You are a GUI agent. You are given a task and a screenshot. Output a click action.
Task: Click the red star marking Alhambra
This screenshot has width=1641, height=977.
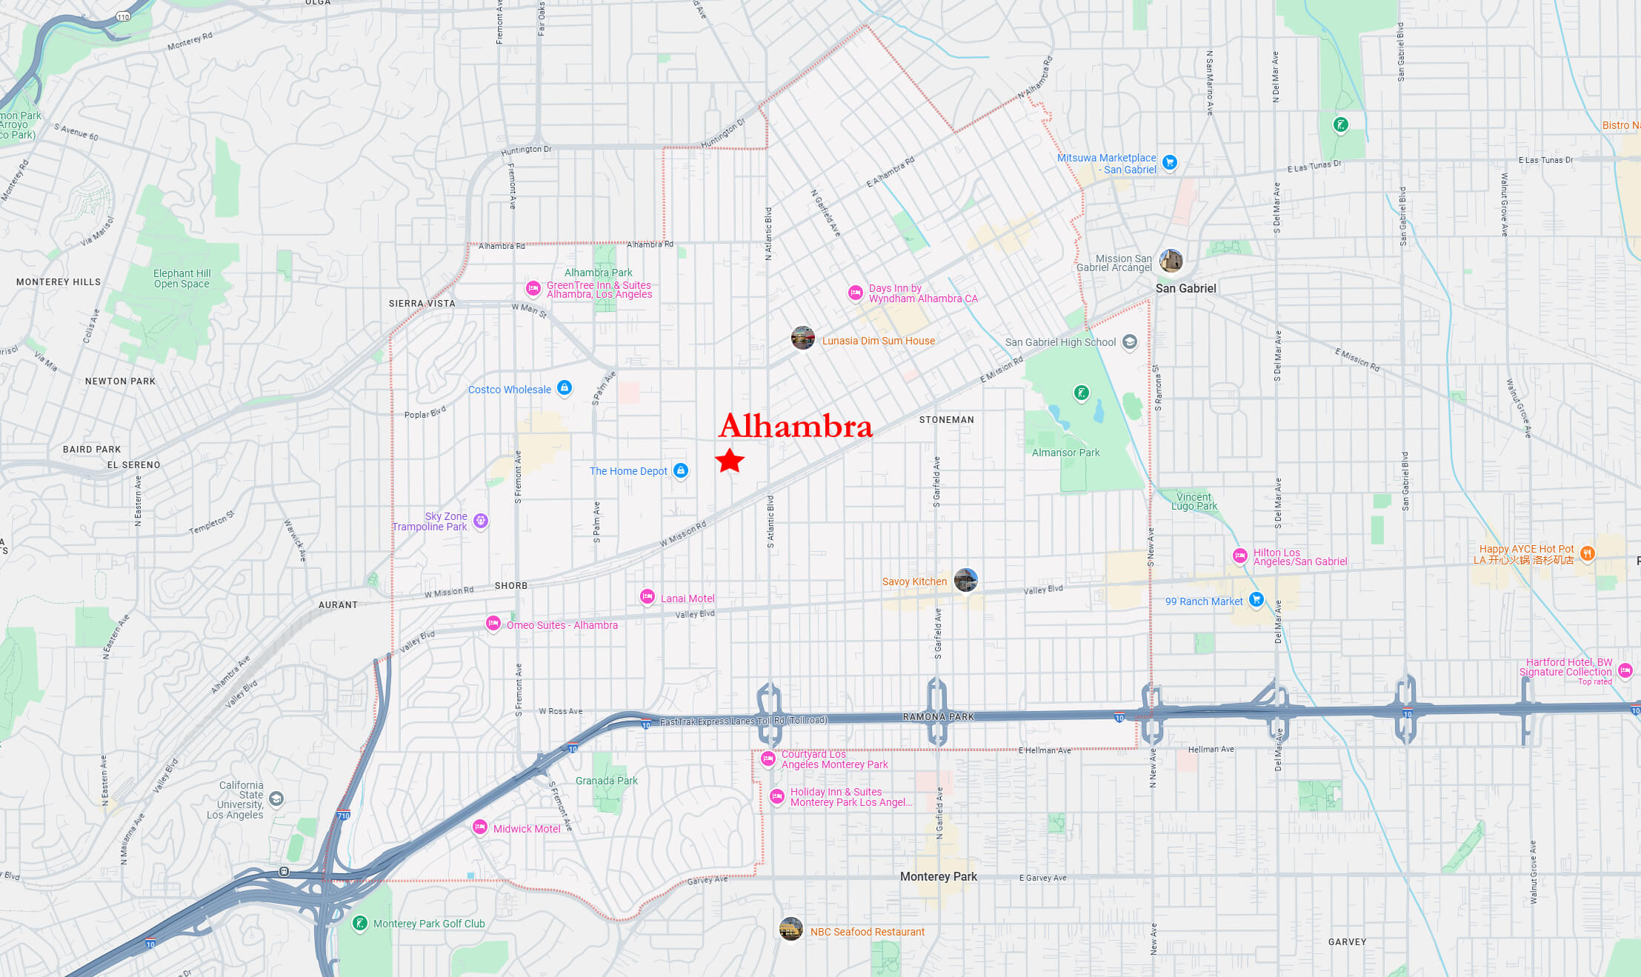730,461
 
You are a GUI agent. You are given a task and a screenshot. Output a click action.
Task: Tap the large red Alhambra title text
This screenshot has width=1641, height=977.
796,426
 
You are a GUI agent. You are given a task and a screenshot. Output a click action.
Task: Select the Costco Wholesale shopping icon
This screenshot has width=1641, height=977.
565,388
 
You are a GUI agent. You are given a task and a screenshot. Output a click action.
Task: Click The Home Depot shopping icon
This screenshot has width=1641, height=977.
681,470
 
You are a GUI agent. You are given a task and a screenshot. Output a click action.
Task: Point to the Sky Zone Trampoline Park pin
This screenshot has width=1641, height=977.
481,521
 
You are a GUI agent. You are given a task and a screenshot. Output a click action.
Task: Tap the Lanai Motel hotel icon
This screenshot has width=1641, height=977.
648,596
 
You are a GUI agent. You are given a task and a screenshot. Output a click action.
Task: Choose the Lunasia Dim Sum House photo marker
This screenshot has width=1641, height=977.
803,338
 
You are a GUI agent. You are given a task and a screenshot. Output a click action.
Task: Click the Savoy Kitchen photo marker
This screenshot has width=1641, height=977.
965,580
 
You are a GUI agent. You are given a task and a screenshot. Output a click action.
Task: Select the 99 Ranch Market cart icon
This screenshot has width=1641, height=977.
1256,599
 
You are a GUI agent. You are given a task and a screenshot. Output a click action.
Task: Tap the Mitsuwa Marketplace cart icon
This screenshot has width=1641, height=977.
1170,162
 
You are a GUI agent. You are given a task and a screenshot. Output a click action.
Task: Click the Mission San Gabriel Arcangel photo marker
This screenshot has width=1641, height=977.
1171,261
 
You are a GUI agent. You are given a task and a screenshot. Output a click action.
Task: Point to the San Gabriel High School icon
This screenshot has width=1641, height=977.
1130,341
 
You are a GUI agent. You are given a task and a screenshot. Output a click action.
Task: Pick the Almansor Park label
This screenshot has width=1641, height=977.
1065,453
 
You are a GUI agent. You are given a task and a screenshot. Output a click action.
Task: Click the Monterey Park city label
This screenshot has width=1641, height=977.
938,876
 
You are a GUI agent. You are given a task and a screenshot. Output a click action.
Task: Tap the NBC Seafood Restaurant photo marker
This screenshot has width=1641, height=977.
791,929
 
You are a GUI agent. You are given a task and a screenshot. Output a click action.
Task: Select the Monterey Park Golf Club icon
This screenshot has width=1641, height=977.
360,923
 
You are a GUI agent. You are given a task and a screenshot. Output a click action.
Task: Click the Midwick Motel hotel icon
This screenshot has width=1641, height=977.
480,827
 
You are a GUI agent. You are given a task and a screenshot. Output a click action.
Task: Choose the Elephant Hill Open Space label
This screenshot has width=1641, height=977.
182,279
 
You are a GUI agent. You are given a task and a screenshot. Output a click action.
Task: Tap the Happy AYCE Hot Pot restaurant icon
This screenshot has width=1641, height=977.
1587,553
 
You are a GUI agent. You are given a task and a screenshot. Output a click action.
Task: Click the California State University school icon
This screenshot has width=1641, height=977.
276,798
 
